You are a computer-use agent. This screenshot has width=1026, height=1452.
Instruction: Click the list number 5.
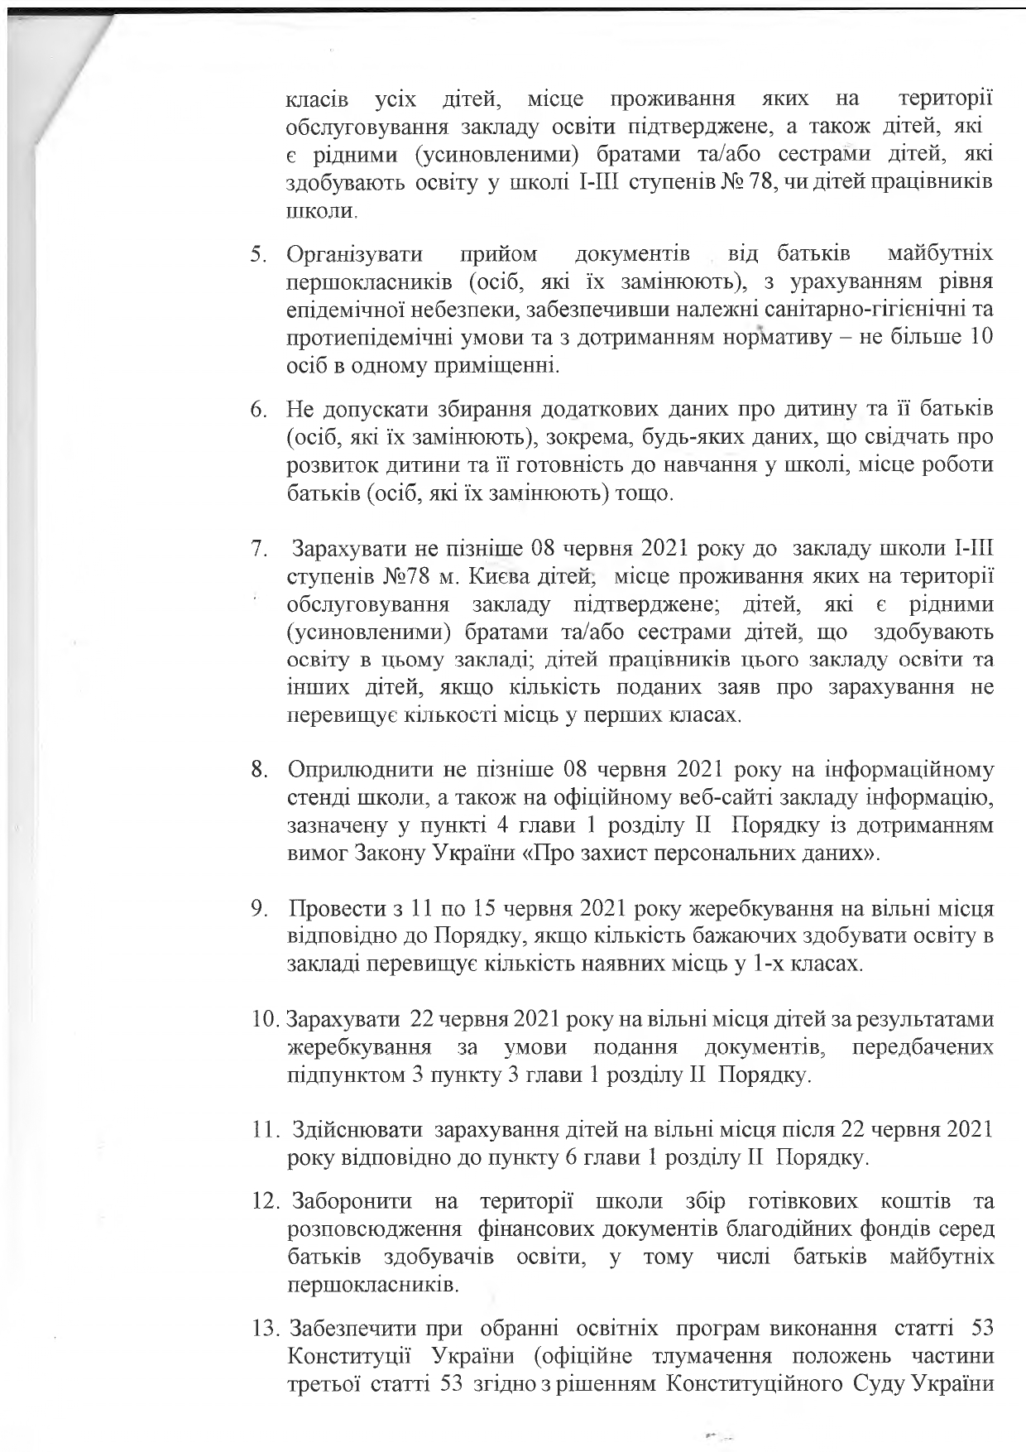[x=259, y=254]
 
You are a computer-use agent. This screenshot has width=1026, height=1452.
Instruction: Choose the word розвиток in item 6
[x=328, y=466]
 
